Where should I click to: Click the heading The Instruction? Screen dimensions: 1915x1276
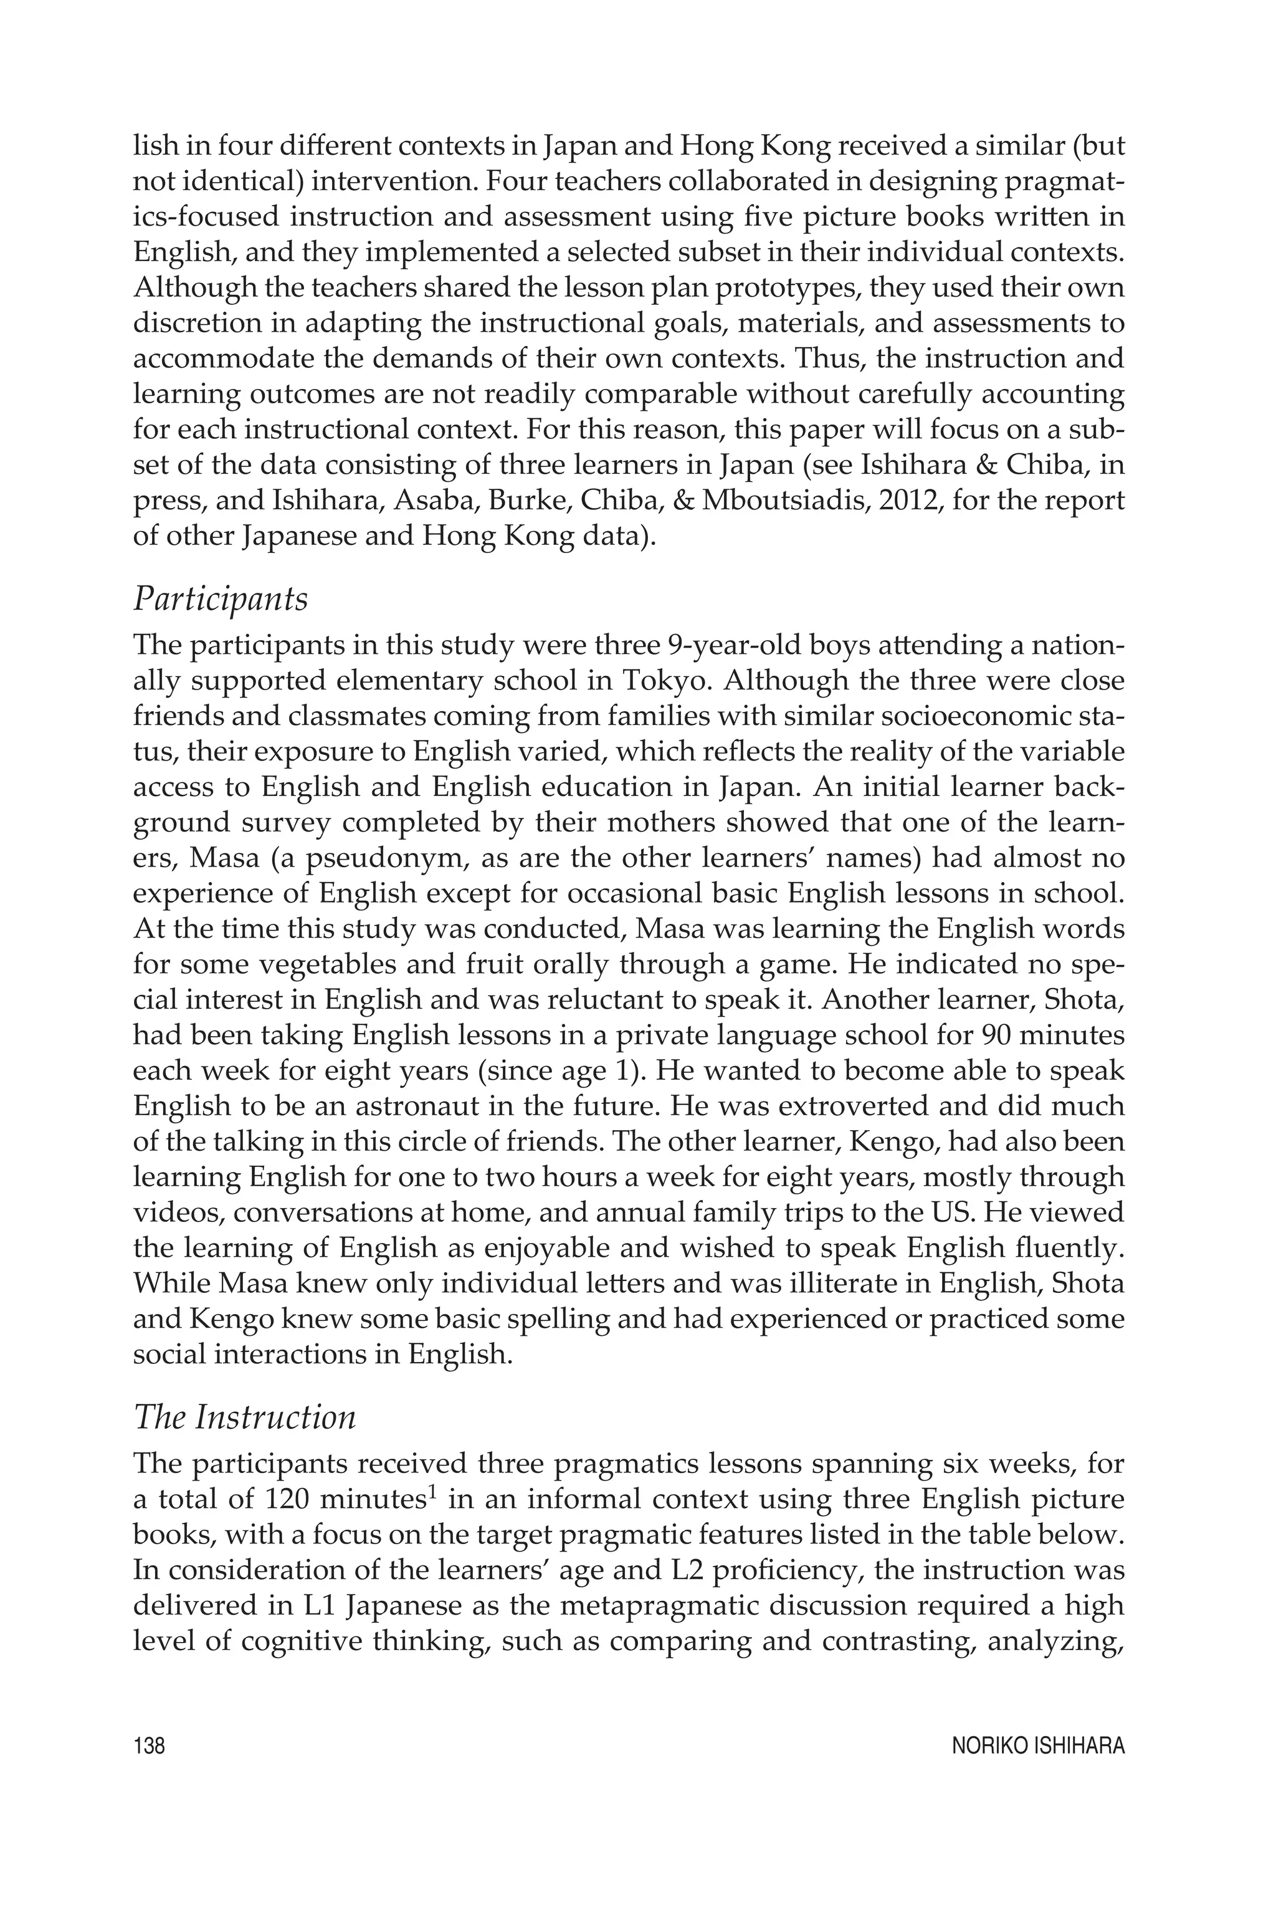[244, 1418]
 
